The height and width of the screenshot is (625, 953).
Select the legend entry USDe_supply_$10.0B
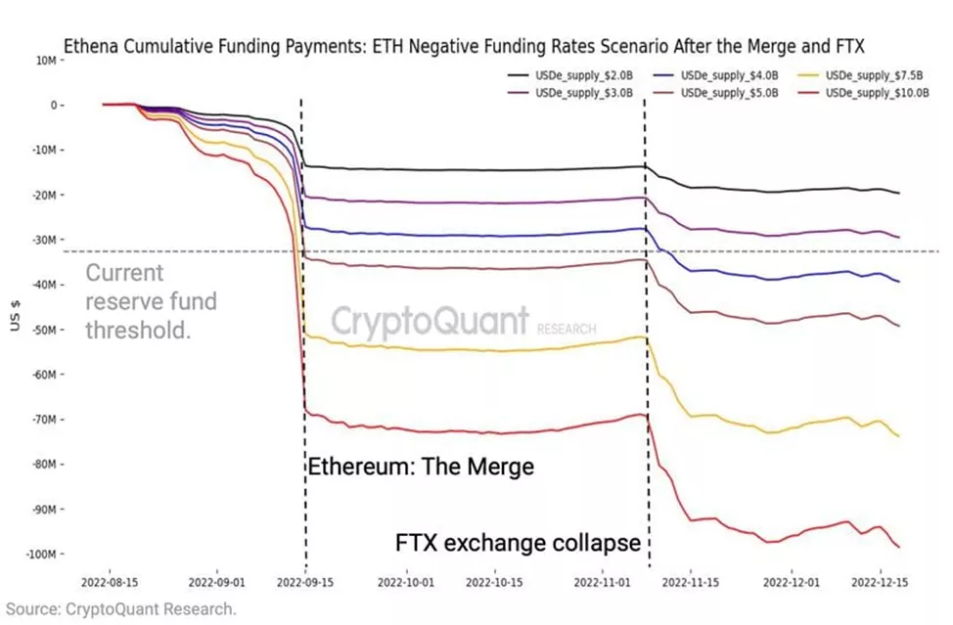[870, 92]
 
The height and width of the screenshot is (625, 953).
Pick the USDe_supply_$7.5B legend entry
[867, 75]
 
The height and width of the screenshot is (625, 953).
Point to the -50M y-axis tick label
[45, 330]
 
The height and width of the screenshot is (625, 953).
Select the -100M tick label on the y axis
[42, 555]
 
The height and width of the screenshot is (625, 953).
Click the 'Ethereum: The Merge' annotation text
[422, 467]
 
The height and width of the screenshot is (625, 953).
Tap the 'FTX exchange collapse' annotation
[519, 541]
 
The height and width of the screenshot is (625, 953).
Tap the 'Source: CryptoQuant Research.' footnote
[118, 609]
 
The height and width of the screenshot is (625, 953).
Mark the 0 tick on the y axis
[57, 105]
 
